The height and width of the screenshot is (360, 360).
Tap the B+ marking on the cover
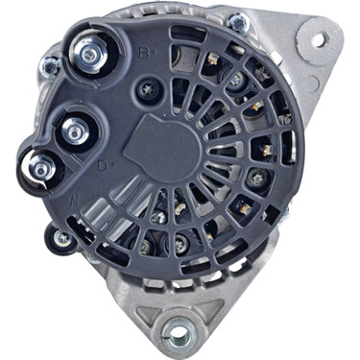tap(145, 51)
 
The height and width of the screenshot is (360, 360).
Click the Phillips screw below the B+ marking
tap(146, 90)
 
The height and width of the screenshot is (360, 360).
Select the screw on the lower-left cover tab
tap(62, 237)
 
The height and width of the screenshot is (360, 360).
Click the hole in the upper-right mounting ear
tap(318, 38)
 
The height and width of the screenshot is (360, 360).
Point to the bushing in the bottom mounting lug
tap(176, 333)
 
